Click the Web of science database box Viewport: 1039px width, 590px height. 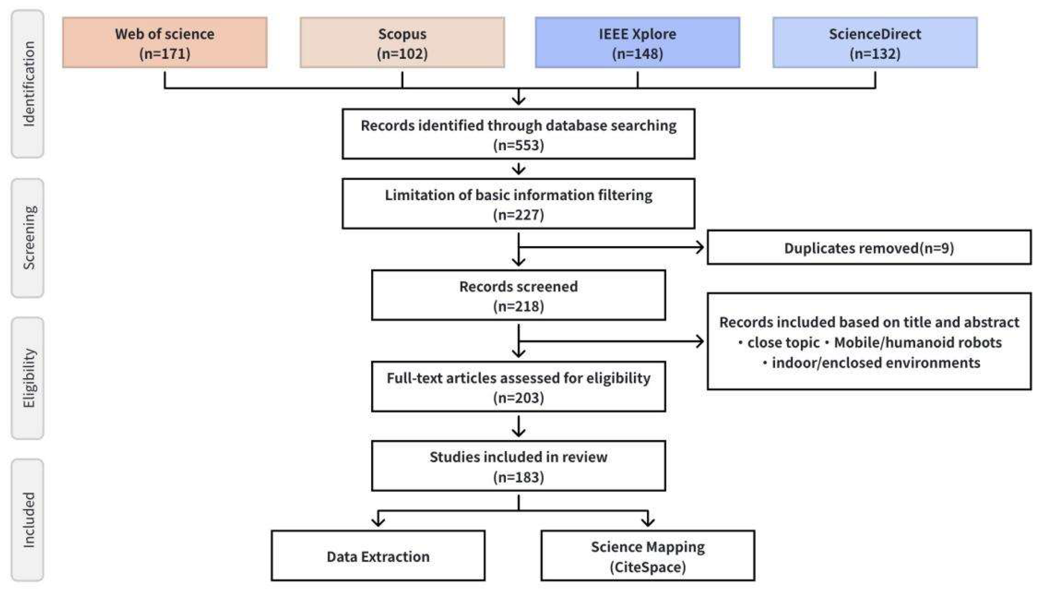click(165, 43)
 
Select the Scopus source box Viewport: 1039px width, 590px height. click(402, 43)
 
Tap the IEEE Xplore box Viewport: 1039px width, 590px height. click(637, 43)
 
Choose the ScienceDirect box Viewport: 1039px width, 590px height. click(875, 43)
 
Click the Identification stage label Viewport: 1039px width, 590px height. click(28, 84)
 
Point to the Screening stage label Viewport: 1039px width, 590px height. click(28, 238)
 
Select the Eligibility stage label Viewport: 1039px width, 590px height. click(28, 378)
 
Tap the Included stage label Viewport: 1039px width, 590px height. click(28, 520)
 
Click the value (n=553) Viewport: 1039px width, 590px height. click(518, 145)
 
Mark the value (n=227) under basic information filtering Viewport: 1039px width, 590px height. click(518, 215)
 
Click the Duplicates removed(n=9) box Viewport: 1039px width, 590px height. click(869, 248)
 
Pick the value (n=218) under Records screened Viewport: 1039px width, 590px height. click(518, 306)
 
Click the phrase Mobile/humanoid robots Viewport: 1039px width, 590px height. click(918, 343)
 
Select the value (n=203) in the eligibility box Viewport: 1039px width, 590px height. click(518, 398)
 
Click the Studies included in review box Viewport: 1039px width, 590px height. click(518, 466)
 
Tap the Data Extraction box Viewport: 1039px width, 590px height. click(378, 556)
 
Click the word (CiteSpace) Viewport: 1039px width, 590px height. click(648, 567)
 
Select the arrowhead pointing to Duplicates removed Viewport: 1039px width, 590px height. click(699, 247)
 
